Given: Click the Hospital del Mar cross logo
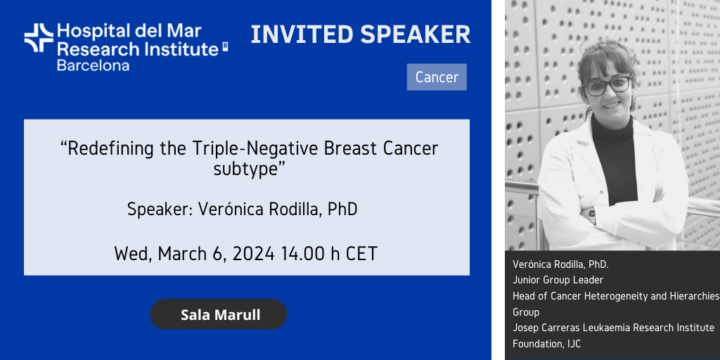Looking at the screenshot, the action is coord(39,38).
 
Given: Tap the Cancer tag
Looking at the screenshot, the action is coord(437,77).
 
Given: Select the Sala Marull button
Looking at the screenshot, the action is coord(219,314).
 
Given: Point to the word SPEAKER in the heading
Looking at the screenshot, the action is coord(416,35).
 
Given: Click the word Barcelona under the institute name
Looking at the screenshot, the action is coord(93,65).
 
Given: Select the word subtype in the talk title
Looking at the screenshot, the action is coord(246,169).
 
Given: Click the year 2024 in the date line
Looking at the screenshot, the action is coord(253,254).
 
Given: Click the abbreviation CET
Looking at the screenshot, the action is coord(361,254).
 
